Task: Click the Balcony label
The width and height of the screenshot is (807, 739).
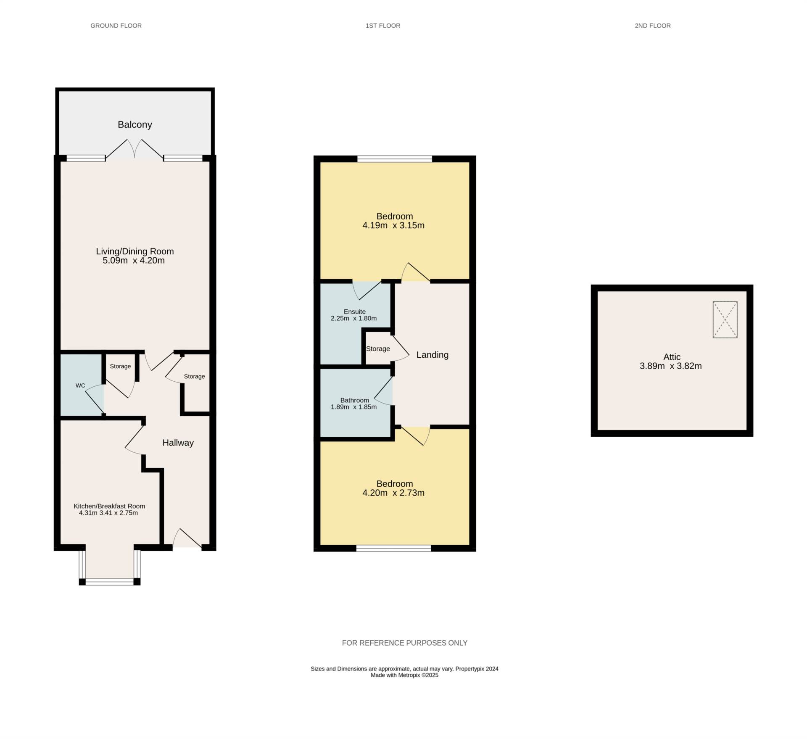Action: pyautogui.click(x=134, y=124)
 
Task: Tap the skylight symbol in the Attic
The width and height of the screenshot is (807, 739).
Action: pyautogui.click(x=725, y=319)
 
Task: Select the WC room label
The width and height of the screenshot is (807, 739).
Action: pyautogui.click(x=80, y=385)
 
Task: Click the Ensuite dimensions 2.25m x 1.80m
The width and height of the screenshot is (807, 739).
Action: pyautogui.click(x=353, y=318)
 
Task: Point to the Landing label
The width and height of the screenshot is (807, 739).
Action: pyautogui.click(x=432, y=355)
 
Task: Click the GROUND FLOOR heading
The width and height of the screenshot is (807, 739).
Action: pyautogui.click(x=116, y=26)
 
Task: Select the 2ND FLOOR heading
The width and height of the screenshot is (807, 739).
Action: pyautogui.click(x=652, y=26)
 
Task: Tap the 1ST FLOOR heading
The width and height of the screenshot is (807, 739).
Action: pyautogui.click(x=382, y=26)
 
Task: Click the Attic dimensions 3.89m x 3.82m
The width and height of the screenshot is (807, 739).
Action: pyautogui.click(x=670, y=366)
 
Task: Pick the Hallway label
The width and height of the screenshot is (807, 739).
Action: pyautogui.click(x=178, y=443)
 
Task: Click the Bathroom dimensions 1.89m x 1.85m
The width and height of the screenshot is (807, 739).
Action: pyautogui.click(x=353, y=407)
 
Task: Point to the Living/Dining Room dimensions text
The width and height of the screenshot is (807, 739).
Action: pyautogui.click(x=134, y=260)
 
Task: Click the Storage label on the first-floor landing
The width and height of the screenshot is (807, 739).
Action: pyautogui.click(x=378, y=349)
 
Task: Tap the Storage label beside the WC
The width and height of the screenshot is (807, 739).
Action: pyautogui.click(x=120, y=366)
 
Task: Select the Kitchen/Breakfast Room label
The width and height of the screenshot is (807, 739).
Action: pyautogui.click(x=109, y=506)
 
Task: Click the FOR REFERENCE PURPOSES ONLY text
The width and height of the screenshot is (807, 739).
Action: pyautogui.click(x=404, y=643)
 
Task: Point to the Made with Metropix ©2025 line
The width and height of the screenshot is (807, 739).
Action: pyautogui.click(x=404, y=675)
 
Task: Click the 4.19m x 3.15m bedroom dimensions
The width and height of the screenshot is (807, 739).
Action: pyautogui.click(x=393, y=225)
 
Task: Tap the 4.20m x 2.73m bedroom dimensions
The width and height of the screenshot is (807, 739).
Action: pyautogui.click(x=393, y=493)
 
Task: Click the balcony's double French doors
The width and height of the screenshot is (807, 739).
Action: pyautogui.click(x=134, y=150)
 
